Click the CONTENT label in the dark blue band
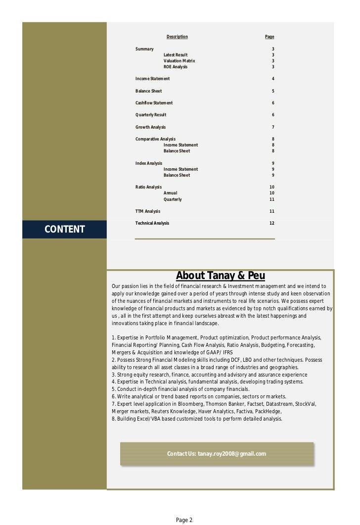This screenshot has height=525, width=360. (x=65, y=229)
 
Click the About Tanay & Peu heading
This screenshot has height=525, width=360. (x=221, y=276)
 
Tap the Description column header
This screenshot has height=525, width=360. (x=177, y=37)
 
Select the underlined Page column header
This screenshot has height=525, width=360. (x=270, y=37)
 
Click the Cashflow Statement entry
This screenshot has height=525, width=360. (x=154, y=103)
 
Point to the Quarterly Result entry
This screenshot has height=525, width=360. (x=151, y=115)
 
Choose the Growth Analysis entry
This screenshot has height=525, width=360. (x=150, y=127)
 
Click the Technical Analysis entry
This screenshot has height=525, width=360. (x=152, y=223)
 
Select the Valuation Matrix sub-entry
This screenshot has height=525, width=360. (x=180, y=61)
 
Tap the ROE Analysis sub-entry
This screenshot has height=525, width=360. (x=176, y=67)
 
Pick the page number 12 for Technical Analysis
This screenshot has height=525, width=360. (x=271, y=223)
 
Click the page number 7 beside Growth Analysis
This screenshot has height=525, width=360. (x=273, y=127)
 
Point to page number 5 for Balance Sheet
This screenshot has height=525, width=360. (x=273, y=91)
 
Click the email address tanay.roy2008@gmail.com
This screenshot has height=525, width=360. (x=232, y=454)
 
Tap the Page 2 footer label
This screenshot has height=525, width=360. (x=184, y=520)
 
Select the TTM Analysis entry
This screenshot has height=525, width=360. (x=148, y=211)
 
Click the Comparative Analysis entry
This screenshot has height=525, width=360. (x=155, y=139)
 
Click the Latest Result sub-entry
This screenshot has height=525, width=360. (x=176, y=55)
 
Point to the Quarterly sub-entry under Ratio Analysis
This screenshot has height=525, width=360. (x=173, y=199)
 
